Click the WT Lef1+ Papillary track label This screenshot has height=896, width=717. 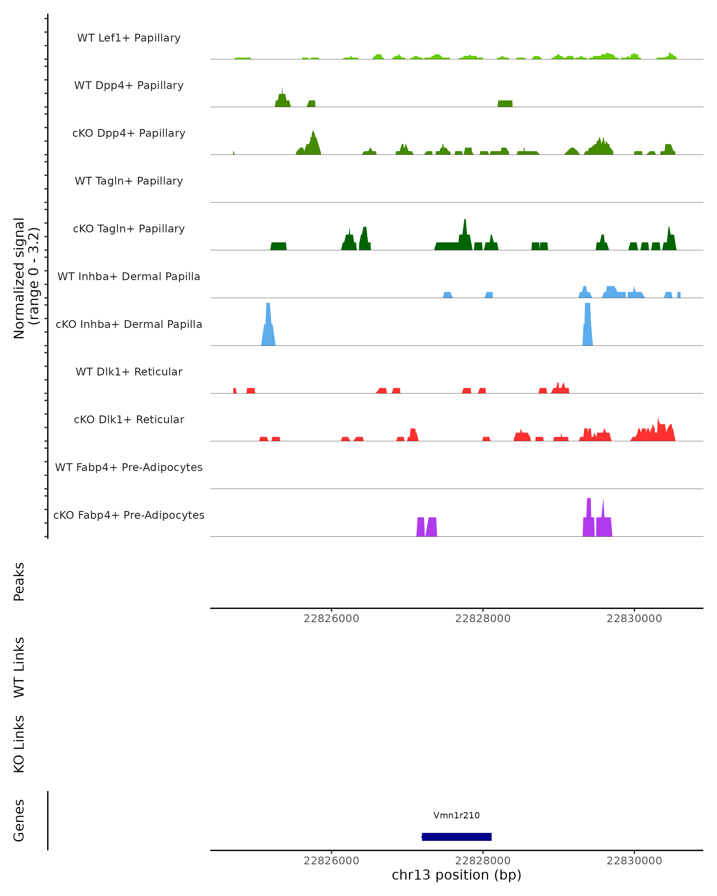point(129,38)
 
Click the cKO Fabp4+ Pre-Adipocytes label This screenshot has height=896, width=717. point(129,515)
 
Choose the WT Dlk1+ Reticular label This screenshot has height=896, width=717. point(129,372)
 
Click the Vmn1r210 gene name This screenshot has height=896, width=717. point(456,815)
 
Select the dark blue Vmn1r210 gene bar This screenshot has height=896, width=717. point(456,837)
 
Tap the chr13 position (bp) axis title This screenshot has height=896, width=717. point(456,875)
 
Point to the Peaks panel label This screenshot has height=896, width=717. point(19,582)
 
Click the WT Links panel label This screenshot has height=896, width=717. point(19,667)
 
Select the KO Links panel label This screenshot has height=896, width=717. point(19,744)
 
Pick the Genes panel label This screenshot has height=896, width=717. point(19,820)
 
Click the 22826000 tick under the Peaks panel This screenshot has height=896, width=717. point(331,619)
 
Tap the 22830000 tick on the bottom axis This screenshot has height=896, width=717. point(634,861)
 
